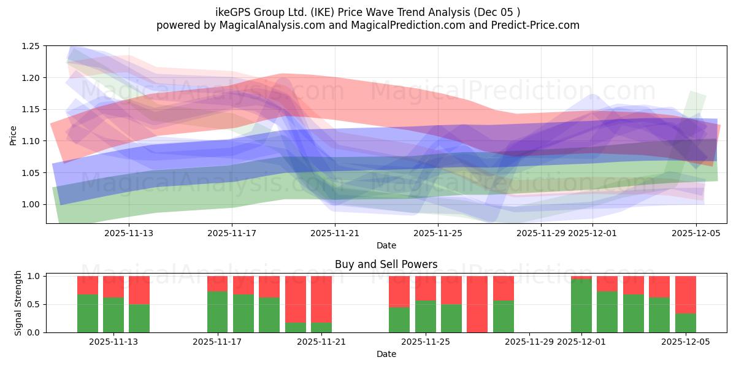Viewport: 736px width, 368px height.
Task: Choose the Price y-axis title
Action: [13, 134]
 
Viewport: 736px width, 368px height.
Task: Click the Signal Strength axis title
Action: [18, 303]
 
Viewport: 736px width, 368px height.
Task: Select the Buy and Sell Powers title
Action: [386, 265]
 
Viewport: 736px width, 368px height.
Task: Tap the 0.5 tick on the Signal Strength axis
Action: [34, 304]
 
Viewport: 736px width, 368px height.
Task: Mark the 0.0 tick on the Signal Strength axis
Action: [34, 332]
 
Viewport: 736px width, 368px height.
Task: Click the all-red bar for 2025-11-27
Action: [477, 304]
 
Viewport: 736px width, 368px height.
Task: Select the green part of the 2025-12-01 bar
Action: [581, 306]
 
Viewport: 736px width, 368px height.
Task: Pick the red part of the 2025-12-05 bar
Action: [685, 294]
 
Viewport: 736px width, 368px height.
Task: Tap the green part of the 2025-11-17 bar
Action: [217, 312]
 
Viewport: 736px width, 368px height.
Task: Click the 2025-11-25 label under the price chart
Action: [437, 233]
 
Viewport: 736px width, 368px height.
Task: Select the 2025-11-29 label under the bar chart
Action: [529, 342]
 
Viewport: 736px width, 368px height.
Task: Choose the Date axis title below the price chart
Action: [386, 245]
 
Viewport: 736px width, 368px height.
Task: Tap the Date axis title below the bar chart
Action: [386, 354]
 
